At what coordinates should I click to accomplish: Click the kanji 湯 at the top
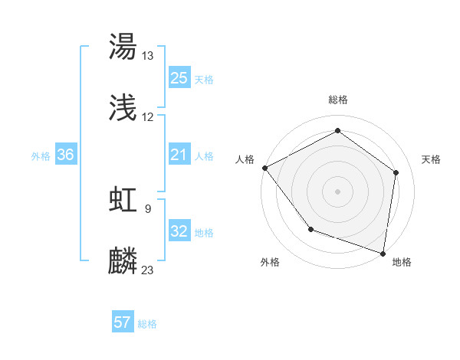click(123, 47)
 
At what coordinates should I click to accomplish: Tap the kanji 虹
click(123, 199)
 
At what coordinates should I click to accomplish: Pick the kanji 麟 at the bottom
click(123, 260)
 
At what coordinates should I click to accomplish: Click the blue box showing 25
click(179, 78)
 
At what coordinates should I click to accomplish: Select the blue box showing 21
click(179, 155)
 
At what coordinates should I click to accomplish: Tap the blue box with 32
click(179, 232)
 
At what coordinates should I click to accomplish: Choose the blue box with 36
click(65, 155)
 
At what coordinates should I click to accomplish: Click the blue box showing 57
click(123, 322)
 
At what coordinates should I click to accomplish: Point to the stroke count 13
click(147, 56)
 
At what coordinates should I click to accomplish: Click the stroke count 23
click(147, 270)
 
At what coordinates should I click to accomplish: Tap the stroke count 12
click(147, 117)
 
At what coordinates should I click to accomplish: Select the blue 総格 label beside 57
click(147, 324)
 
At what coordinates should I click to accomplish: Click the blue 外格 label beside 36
click(41, 156)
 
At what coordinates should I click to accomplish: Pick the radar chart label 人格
click(246, 159)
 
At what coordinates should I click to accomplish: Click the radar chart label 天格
click(432, 159)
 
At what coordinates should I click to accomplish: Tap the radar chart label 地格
click(402, 262)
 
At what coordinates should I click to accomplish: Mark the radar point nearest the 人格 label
click(264, 168)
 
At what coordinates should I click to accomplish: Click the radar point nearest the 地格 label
click(383, 253)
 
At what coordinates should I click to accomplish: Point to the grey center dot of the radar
click(337, 191)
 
